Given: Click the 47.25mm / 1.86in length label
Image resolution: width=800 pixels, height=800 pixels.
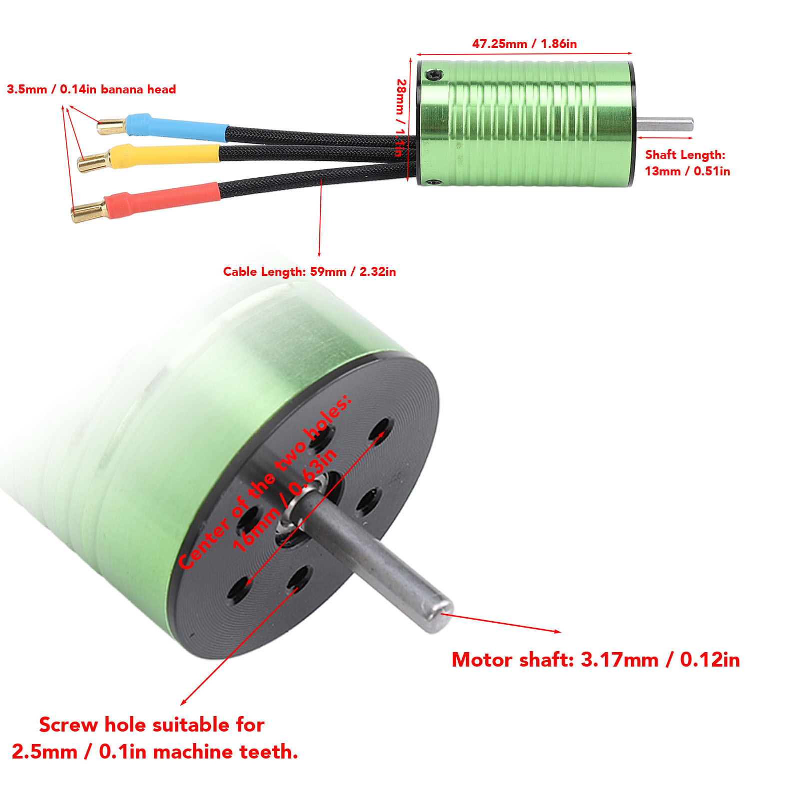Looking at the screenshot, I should point(524,44).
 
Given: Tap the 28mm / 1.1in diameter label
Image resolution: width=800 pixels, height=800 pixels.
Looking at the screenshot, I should point(401,118).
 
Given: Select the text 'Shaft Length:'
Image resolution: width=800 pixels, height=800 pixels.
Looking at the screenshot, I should point(685,155).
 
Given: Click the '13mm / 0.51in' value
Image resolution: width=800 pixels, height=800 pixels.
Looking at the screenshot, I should point(687,171).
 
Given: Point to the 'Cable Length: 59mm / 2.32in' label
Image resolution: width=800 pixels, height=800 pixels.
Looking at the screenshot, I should point(309,272).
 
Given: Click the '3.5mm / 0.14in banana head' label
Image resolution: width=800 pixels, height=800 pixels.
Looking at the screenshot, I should point(91,90).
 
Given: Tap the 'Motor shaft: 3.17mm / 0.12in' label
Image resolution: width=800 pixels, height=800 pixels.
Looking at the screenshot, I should point(595,660).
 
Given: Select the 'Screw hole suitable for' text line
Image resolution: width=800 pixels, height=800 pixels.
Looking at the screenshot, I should point(151,725).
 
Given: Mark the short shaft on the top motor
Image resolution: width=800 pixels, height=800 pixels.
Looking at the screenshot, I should point(665,124).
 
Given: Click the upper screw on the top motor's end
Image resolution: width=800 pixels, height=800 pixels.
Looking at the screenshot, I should point(433,75).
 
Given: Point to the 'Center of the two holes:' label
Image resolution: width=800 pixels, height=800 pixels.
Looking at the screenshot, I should point(265,482).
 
